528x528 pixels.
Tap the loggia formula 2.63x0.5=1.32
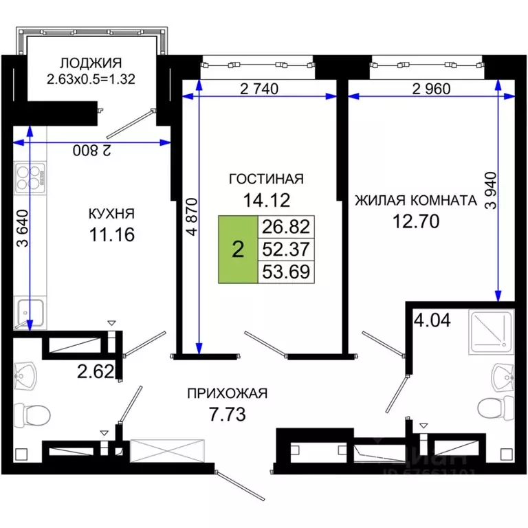coord(90,78)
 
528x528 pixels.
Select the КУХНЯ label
coord(111,212)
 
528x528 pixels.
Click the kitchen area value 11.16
coord(111,235)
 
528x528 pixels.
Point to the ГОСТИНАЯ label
coord(265,179)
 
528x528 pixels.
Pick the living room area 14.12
coord(265,201)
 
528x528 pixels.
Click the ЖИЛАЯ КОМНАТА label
coord(415,201)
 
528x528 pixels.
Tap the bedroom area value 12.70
coord(415,221)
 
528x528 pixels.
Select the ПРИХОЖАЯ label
coord(227,393)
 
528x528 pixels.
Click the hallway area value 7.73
coord(227,415)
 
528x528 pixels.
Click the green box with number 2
coord(237,250)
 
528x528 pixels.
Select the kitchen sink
coord(30,313)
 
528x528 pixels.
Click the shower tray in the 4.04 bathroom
coord(489,331)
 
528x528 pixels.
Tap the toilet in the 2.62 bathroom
coord(30,415)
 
